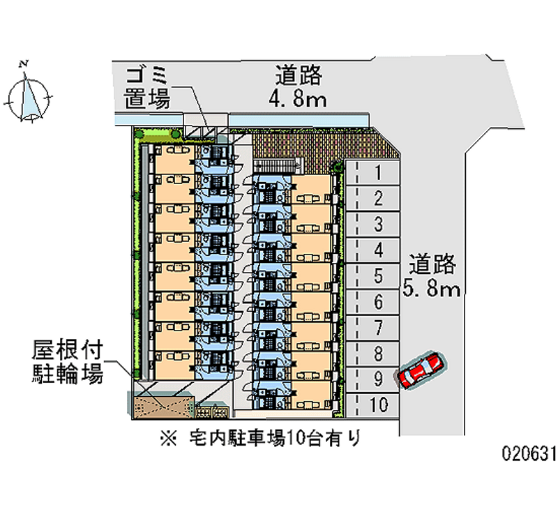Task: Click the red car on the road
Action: tap(421, 370)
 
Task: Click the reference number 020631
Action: tap(529, 454)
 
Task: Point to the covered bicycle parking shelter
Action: tap(161, 403)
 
